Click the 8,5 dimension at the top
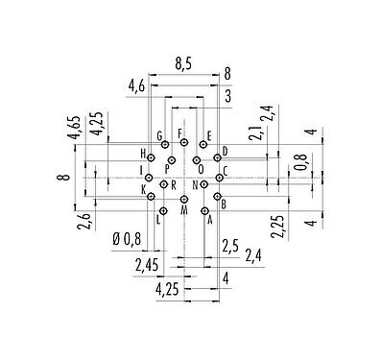click(x=184, y=65)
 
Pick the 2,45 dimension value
click(x=148, y=262)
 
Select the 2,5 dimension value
click(x=228, y=245)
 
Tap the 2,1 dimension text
click(x=256, y=132)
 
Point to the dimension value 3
click(x=227, y=96)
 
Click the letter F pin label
click(x=179, y=132)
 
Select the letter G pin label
click(x=159, y=135)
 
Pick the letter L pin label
click(x=157, y=220)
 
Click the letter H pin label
click(x=143, y=154)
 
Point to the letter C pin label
click(x=224, y=170)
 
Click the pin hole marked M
click(x=184, y=199)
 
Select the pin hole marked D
click(x=218, y=158)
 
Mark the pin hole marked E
click(x=202, y=146)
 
